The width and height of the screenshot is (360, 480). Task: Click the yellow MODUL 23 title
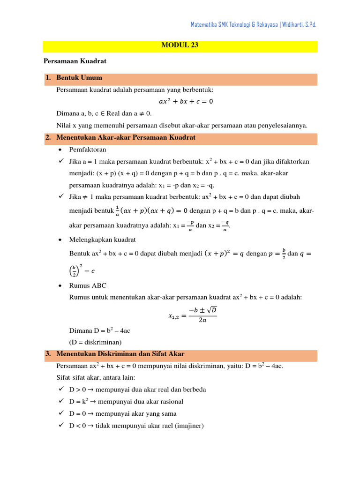(180, 46)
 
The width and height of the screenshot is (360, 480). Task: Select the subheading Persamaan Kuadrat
(75, 61)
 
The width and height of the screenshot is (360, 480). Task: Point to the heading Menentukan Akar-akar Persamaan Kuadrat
(126, 138)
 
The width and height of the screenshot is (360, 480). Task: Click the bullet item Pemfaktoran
(88, 150)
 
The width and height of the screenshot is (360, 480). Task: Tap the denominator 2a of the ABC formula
(202, 321)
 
